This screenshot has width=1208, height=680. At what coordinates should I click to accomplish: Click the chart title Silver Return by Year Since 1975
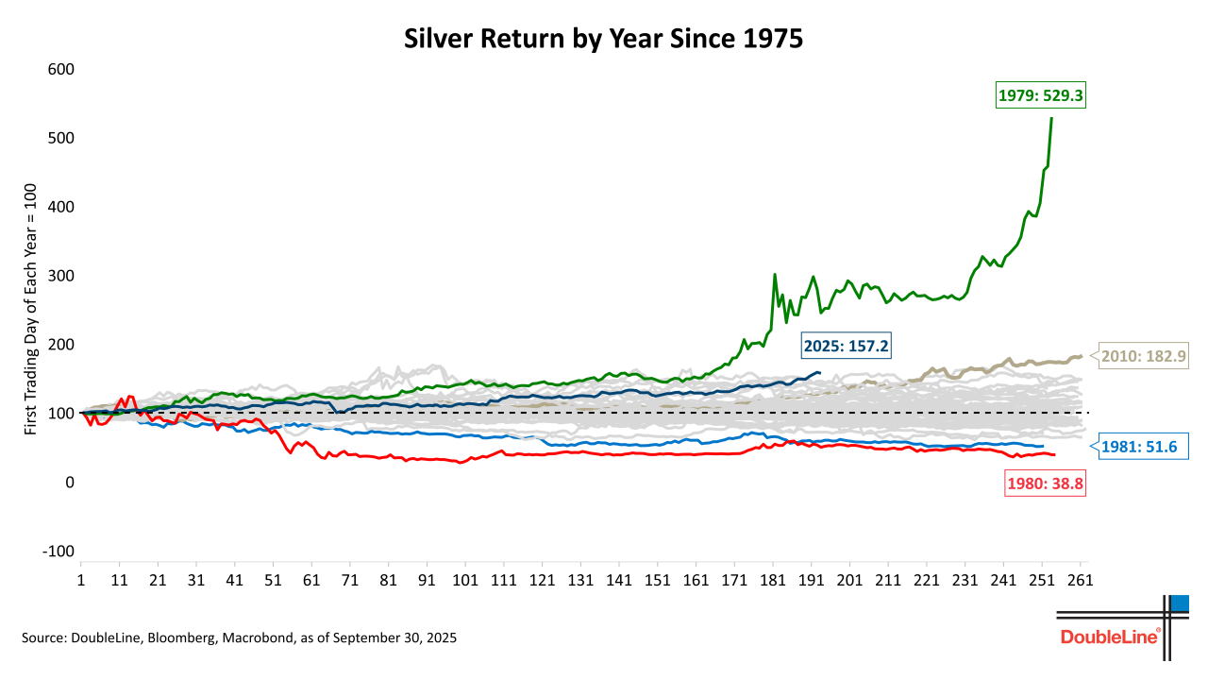point(603,39)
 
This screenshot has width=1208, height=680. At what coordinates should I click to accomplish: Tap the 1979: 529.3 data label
point(1040,95)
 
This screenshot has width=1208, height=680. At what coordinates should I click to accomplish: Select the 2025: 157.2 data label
point(847,347)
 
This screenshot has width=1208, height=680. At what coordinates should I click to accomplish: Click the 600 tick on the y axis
point(61,69)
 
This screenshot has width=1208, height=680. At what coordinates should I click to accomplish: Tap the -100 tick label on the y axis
point(58,552)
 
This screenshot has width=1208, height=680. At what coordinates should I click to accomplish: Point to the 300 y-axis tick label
point(61,276)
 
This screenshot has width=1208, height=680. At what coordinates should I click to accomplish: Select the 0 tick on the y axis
point(69,483)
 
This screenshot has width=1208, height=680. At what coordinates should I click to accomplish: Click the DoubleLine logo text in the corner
point(1110,637)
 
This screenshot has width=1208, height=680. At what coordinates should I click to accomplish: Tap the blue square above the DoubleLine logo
point(1179,603)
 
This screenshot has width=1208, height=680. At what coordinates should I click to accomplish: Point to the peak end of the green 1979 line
point(1052,118)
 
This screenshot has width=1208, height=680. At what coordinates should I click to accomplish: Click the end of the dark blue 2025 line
point(819,373)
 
